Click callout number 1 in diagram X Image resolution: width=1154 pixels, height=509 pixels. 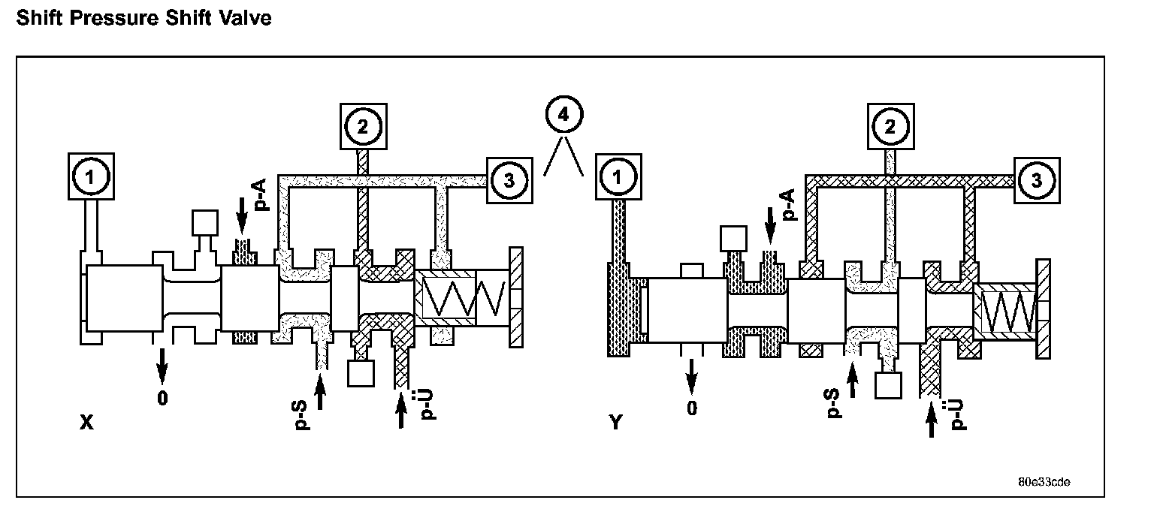coord(91,176)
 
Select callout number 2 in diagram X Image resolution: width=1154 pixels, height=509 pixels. coord(363,127)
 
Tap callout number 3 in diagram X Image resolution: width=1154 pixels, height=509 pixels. coord(509,180)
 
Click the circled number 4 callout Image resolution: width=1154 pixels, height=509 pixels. coord(564,114)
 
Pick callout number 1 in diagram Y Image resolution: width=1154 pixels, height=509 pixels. coord(618,176)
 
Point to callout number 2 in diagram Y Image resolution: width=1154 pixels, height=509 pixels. coord(891,127)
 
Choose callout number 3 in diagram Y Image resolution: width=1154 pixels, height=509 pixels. coord(1037,180)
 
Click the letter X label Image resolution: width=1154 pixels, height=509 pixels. coord(87,422)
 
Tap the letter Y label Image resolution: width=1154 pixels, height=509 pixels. coord(615,422)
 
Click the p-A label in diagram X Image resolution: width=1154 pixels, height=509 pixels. coord(261,194)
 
